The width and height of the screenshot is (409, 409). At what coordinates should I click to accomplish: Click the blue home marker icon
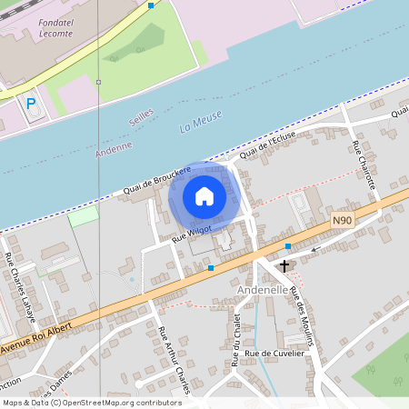click(204, 195)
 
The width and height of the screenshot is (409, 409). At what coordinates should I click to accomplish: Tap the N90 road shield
click(342, 220)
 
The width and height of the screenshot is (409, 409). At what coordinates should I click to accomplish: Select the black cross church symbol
click(285, 266)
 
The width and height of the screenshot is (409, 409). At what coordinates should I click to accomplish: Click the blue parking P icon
click(31, 105)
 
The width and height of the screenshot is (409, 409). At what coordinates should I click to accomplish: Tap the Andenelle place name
click(262, 289)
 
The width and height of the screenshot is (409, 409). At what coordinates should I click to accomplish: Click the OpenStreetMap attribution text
click(92, 402)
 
